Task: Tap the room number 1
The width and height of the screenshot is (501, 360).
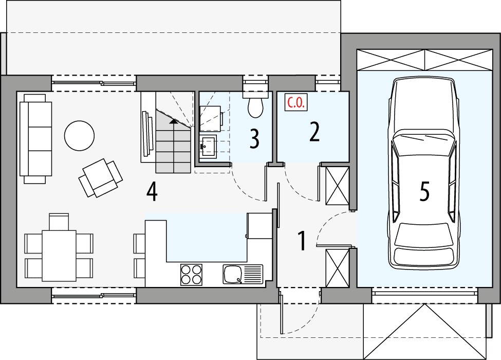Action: tap(302, 241)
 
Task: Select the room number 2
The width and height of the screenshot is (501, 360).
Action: tap(314, 131)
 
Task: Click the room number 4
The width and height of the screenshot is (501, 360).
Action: tap(151, 192)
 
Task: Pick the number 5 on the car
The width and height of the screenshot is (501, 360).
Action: tap(424, 192)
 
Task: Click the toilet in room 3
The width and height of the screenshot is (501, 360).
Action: tap(255, 104)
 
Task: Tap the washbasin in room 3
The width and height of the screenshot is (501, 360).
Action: tap(209, 146)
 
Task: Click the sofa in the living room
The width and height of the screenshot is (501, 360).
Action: tap(36, 138)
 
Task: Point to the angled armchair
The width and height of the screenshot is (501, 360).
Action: tap(101, 177)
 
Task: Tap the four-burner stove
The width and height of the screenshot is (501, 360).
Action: tap(192, 274)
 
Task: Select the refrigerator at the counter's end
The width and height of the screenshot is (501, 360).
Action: tap(259, 225)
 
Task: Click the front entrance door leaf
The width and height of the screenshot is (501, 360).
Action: tap(281, 314)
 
